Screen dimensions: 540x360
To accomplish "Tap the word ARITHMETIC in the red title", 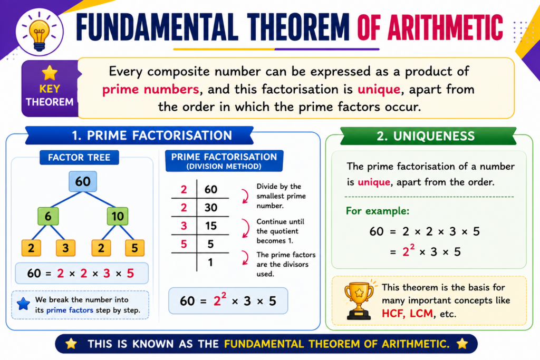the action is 445,27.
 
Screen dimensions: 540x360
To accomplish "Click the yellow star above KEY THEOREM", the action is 50,73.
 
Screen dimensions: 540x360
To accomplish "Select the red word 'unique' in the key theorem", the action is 379,90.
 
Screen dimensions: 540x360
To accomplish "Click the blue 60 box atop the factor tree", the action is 83,181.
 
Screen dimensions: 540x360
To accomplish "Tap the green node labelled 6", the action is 48,216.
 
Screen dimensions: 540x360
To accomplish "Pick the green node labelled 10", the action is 118,216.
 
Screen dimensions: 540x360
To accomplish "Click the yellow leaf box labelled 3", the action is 65,248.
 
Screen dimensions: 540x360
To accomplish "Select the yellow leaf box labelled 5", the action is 134,248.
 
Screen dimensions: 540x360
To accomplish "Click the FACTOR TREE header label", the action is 79,157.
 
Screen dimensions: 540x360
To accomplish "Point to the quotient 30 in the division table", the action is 211,208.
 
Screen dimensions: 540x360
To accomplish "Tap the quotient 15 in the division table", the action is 211,226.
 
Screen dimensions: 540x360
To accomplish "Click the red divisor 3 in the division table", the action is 184,226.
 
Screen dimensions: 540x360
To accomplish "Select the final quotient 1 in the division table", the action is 210,262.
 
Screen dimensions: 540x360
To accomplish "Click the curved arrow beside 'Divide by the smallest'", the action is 246,196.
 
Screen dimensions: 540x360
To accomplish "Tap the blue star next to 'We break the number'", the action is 23,304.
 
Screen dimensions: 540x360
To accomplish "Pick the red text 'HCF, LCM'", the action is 407,314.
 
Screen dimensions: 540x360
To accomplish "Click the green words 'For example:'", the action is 378,211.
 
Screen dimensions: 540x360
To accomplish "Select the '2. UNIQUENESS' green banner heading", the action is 426,136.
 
